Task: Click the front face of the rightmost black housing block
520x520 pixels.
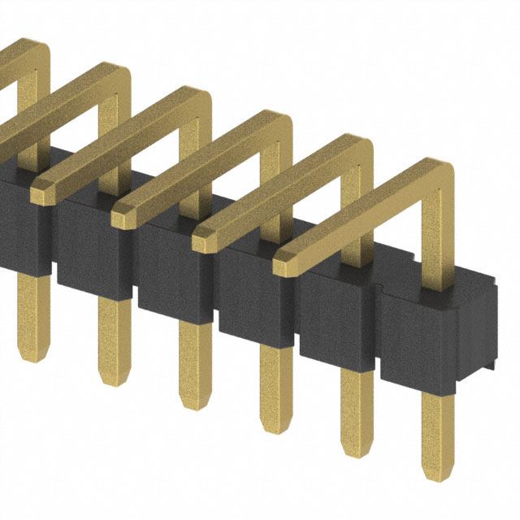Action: pyautogui.click(x=419, y=341)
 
